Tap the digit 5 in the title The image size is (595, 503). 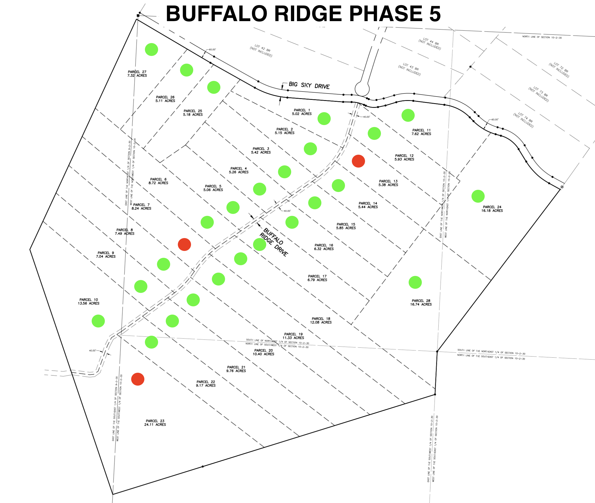pyautogui.click(x=435, y=14)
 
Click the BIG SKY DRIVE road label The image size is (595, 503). pyautogui.click(x=309, y=85)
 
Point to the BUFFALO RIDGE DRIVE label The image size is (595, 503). pyautogui.click(x=274, y=242)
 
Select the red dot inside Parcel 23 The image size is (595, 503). pyautogui.click(x=137, y=379)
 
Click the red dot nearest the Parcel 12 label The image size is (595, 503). pyautogui.click(x=358, y=161)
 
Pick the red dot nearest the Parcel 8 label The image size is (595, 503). pyautogui.click(x=184, y=244)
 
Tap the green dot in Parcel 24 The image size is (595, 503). pyautogui.click(x=478, y=196)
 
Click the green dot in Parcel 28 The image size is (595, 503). pyautogui.click(x=415, y=282)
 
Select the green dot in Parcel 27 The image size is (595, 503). pyautogui.click(x=151, y=50)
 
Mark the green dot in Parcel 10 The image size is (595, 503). pyautogui.click(x=98, y=321)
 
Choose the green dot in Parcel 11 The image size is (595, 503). pyautogui.click(x=408, y=115)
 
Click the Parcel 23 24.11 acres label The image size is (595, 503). pyautogui.click(x=155, y=423)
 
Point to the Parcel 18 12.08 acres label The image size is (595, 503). pyautogui.click(x=321, y=321)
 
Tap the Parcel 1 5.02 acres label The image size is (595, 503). pyautogui.click(x=302, y=112)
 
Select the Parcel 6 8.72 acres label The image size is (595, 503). pyautogui.click(x=158, y=181)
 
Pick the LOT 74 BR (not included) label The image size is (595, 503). pyautogui.click(x=524, y=120)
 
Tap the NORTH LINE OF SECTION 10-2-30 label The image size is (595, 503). pyautogui.click(x=542, y=37)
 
